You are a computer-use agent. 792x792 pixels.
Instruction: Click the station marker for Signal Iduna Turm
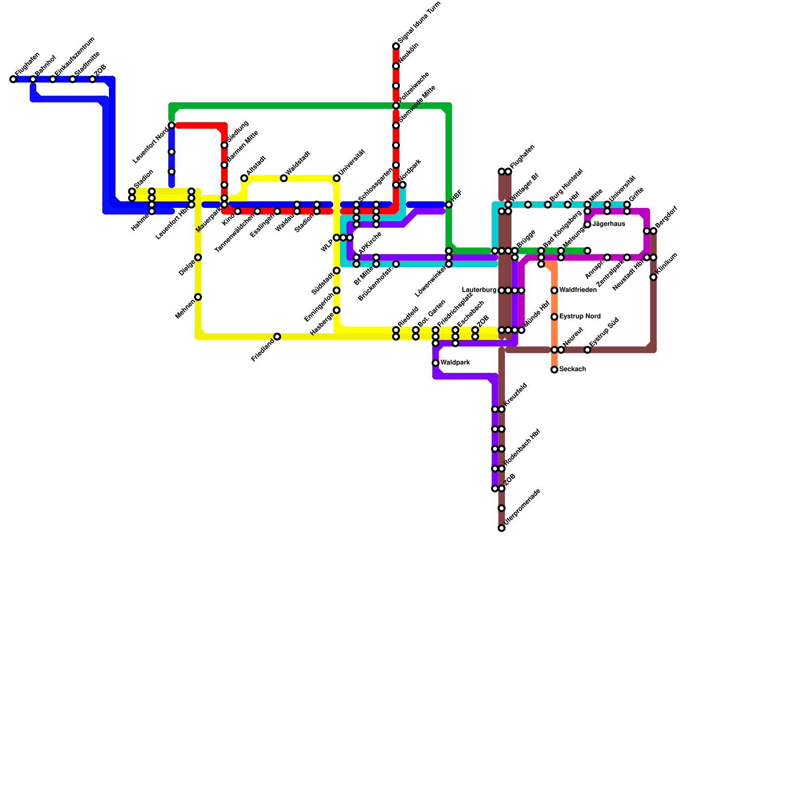pos(396,47)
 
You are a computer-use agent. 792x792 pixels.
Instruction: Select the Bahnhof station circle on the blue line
pos(33,79)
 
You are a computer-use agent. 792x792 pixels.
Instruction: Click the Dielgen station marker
pos(198,257)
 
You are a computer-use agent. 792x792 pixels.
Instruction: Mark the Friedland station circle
pos(277,337)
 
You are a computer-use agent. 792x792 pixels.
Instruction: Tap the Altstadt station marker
pos(244,178)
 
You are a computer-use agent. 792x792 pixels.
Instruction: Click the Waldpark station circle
pos(436,363)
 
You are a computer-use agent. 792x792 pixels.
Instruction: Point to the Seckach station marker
pos(554,370)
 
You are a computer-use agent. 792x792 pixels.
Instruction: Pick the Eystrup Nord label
pos(580,316)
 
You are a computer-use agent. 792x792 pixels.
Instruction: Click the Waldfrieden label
pos(578,290)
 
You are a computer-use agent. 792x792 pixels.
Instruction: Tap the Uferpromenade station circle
pos(501,528)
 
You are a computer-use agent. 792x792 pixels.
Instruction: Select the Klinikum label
pos(667,265)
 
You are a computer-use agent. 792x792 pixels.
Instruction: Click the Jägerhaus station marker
pos(588,225)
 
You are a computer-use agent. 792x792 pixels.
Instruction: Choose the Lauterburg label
pos(479,290)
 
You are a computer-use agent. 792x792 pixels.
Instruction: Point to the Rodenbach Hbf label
pos(522,447)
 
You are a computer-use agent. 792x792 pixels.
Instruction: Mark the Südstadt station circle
pos(337,271)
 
